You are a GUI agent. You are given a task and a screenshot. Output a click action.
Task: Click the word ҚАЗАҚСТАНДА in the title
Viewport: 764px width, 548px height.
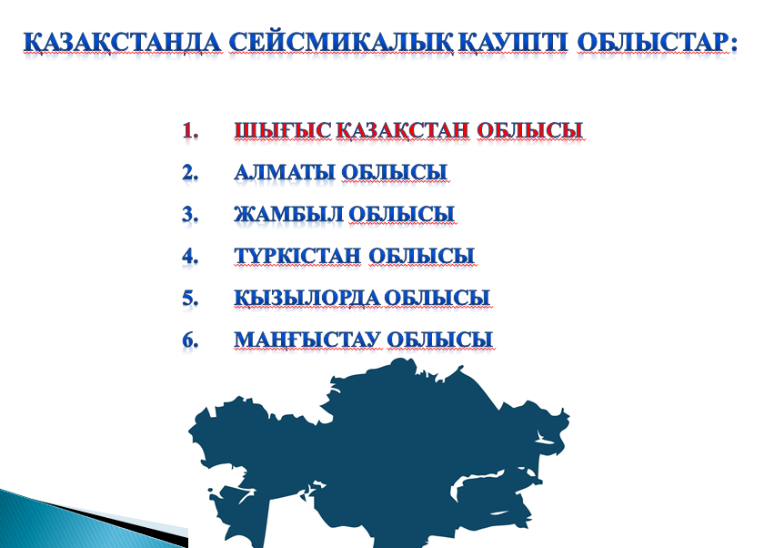point(122,43)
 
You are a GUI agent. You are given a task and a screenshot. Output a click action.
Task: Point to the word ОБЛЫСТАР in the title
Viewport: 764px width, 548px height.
point(653,43)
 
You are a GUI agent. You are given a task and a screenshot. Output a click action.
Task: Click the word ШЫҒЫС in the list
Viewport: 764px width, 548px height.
point(283,130)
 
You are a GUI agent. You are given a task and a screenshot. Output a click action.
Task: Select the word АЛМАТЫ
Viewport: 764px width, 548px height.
point(285,172)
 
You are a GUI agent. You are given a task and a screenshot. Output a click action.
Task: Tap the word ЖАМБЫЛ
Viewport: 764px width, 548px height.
point(289,214)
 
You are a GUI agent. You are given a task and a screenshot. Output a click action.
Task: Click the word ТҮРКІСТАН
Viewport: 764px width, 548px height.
point(297,256)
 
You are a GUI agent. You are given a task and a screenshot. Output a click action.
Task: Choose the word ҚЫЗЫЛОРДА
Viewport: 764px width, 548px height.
point(307,298)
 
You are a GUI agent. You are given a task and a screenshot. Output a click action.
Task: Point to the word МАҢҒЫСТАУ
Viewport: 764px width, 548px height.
point(307,340)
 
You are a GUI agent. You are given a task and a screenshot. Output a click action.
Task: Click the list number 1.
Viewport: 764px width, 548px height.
point(190,131)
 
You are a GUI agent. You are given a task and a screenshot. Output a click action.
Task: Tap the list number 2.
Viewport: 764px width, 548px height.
point(190,173)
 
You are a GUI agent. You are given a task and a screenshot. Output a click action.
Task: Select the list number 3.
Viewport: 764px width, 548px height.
point(190,215)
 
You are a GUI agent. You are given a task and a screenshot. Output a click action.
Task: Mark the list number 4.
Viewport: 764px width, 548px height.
point(190,256)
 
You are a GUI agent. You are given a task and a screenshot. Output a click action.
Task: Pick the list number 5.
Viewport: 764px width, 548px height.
point(190,298)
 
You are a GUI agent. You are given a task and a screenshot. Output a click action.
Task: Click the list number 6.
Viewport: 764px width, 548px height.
point(190,340)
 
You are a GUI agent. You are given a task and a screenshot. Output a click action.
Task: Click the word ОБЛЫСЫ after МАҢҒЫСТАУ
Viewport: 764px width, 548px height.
point(440,340)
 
